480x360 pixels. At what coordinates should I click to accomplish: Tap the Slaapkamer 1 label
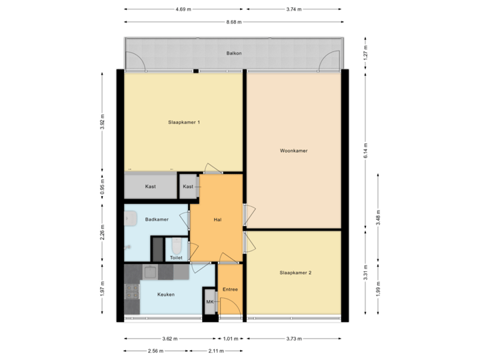(184, 122)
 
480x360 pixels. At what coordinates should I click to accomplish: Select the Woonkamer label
(293, 151)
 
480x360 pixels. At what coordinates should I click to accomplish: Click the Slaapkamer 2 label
(295, 273)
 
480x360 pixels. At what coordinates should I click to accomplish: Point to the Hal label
(217, 220)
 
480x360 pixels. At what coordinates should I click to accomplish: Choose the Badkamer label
(157, 219)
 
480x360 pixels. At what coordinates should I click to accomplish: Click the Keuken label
(166, 294)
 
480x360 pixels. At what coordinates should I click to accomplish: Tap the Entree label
(230, 289)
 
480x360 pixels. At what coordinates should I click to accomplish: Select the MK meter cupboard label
(209, 302)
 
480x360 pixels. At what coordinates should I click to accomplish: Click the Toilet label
(176, 257)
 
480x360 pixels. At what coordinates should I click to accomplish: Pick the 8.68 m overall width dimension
(235, 22)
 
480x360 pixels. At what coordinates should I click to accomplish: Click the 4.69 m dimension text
(183, 9)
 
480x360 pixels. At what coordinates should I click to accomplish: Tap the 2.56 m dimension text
(155, 351)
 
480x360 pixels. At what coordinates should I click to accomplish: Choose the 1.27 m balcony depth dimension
(366, 53)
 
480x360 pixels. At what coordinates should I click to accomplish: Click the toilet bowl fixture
(175, 245)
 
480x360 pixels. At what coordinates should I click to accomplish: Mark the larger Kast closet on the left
(151, 186)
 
